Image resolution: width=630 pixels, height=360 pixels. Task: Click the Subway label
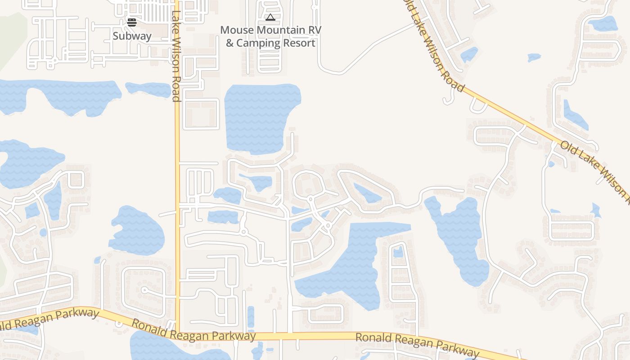pos(132,36)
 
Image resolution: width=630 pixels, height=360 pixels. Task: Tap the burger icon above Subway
pos(132,22)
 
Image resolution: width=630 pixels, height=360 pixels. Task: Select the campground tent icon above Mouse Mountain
pos(270,18)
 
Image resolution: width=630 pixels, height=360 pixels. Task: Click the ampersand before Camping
pos(229,43)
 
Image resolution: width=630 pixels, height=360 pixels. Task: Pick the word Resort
pos(299,43)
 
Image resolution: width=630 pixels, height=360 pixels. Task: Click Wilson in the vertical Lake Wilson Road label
pos(176,53)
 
